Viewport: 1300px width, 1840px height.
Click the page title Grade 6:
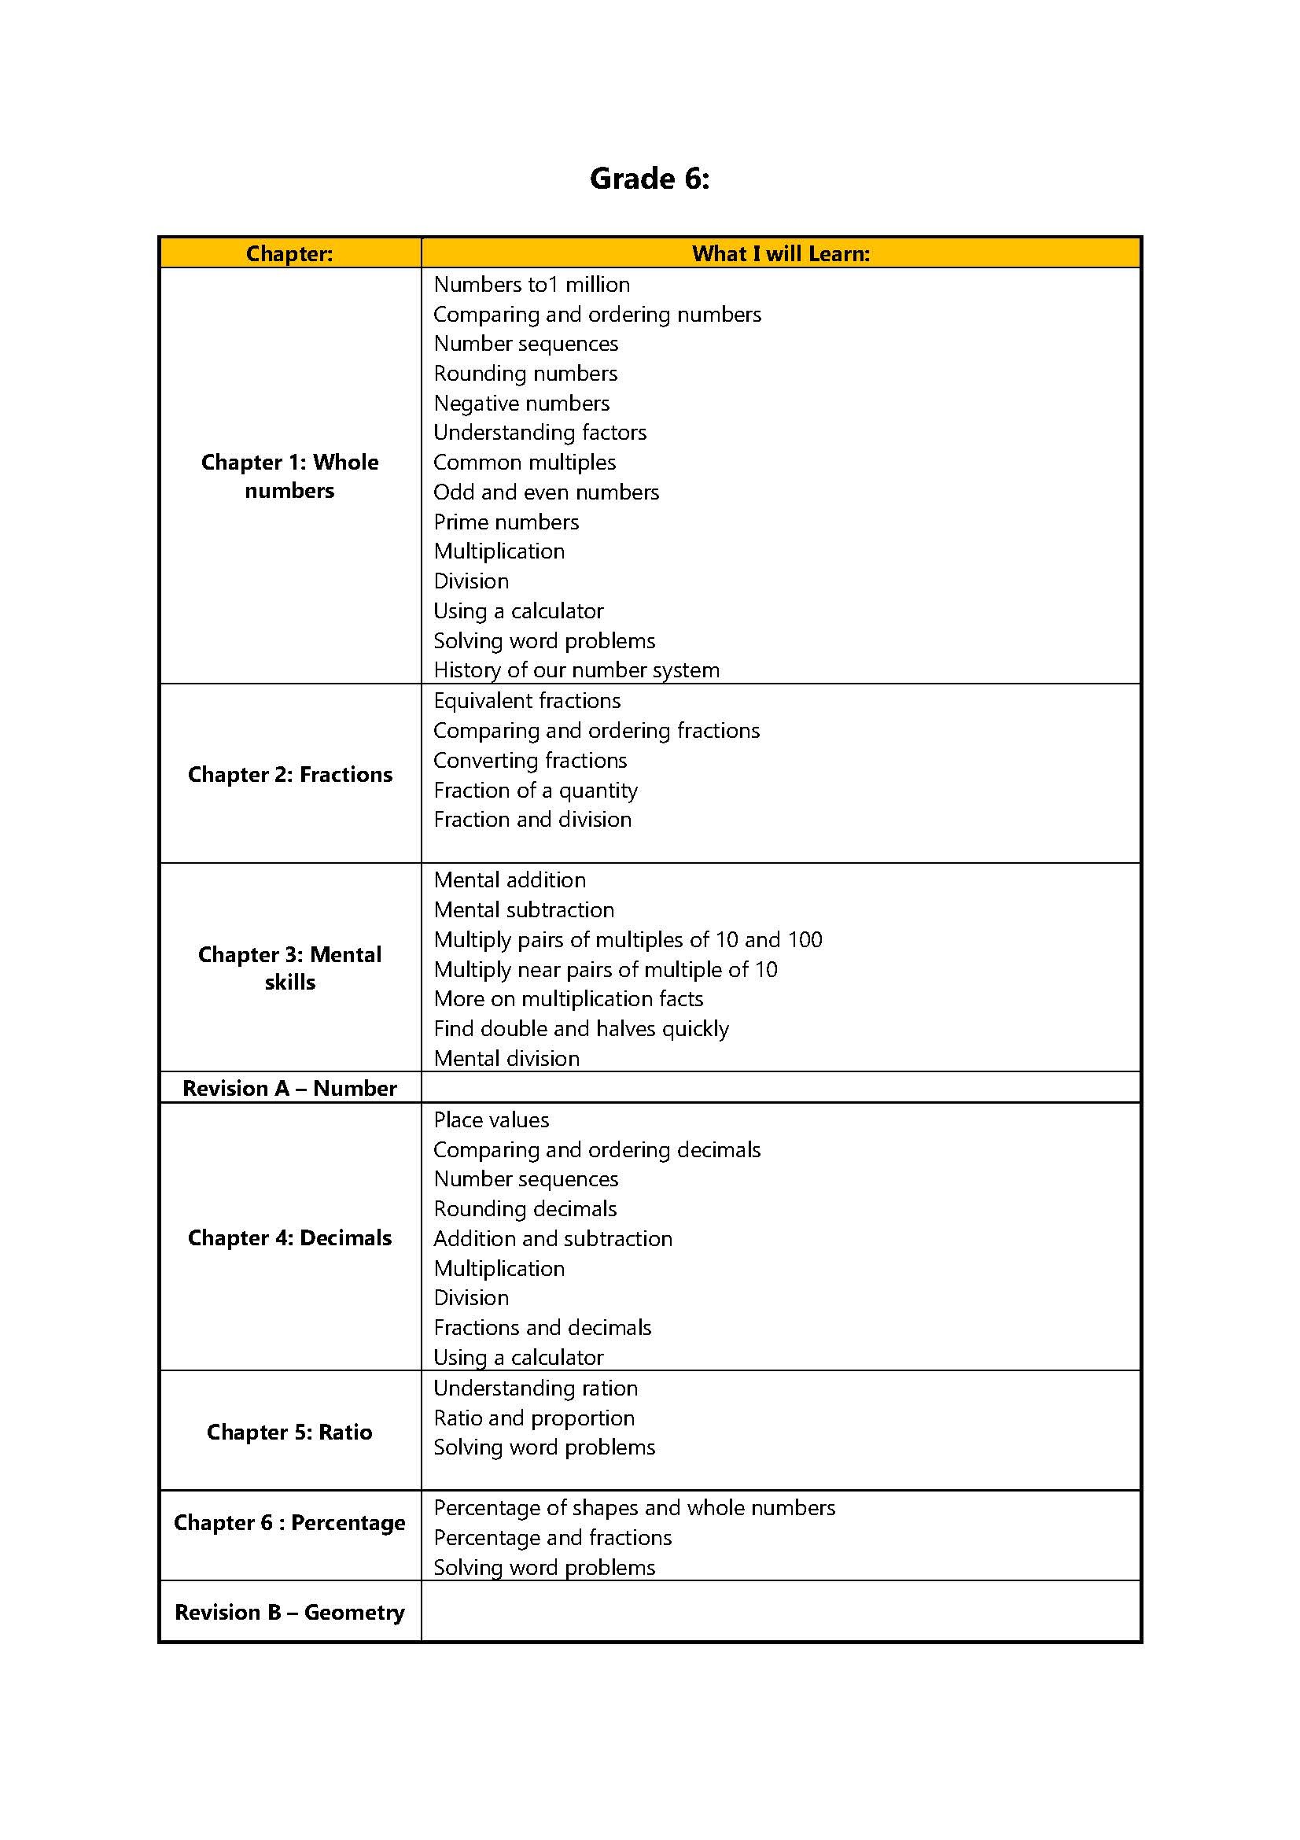(x=649, y=178)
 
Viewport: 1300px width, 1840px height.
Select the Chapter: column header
(x=289, y=253)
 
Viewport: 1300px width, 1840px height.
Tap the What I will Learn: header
(x=780, y=253)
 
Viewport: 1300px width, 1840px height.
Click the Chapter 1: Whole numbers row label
(x=289, y=476)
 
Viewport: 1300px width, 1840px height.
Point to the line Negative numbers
(x=521, y=403)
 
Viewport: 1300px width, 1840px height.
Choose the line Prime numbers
(x=506, y=522)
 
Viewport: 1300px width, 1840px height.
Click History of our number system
(x=576, y=670)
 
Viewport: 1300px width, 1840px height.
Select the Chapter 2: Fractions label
(x=289, y=774)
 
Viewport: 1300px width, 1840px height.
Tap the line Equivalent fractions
(x=527, y=700)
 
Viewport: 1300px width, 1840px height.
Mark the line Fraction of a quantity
(x=535, y=790)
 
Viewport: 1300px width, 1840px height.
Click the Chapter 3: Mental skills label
(x=289, y=968)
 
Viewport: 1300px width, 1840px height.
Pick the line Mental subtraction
(x=524, y=909)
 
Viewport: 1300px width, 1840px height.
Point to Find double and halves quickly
(x=580, y=1028)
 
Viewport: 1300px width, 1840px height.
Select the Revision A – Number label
(x=289, y=1088)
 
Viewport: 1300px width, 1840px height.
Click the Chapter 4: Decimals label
(x=289, y=1238)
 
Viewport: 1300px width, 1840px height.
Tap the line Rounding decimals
(x=525, y=1208)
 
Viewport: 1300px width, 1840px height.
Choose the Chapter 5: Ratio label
(x=289, y=1432)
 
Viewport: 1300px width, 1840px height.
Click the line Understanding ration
(x=535, y=1388)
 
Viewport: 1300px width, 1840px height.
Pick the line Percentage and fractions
(x=552, y=1537)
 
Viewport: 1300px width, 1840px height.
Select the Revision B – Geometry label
(x=289, y=1612)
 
